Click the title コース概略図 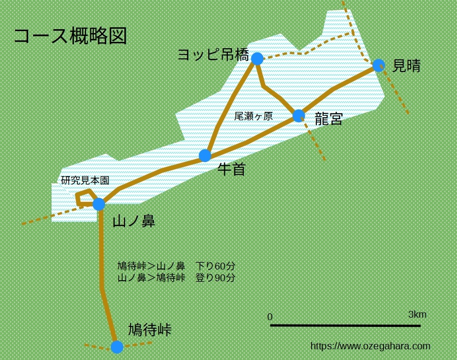tap(70, 36)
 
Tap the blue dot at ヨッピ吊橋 tap(257, 59)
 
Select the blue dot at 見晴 tap(378, 65)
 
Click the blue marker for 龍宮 tap(298, 116)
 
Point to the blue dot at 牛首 tap(205, 156)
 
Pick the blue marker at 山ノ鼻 tap(99, 204)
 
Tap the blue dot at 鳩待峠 tap(117, 347)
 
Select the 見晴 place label tap(406, 66)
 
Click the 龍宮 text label tap(329, 119)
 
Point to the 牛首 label tap(231, 169)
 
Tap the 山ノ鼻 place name tap(134, 222)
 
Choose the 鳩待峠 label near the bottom tap(149, 330)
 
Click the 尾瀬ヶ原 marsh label tap(254, 117)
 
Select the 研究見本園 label tap(85, 180)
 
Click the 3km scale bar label tap(417, 315)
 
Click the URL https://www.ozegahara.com tap(370, 346)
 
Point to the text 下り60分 tap(215, 266)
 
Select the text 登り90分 tap(215, 278)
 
